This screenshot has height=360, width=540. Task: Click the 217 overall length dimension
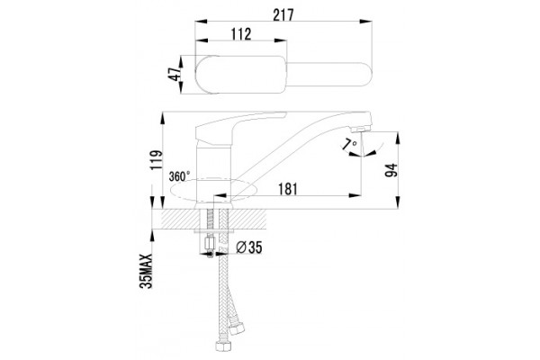pyautogui.click(x=283, y=14)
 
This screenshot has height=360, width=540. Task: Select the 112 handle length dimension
pyautogui.click(x=240, y=34)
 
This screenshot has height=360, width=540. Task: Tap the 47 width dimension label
pyautogui.click(x=175, y=74)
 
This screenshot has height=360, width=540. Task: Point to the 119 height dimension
pyautogui.click(x=156, y=159)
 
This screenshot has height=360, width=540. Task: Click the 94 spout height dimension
pyautogui.click(x=391, y=170)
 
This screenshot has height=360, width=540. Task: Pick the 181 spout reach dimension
pyautogui.click(x=287, y=189)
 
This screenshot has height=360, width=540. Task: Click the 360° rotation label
pyautogui.click(x=179, y=176)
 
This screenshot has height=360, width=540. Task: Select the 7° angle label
pyautogui.click(x=351, y=142)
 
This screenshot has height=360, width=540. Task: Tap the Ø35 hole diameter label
pyautogui.click(x=249, y=247)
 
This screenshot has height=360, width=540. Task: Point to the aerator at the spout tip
pyautogui.click(x=359, y=130)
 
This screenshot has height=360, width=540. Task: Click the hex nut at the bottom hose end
pyautogui.click(x=220, y=346)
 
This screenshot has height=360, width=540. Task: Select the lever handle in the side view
pyautogui.click(x=241, y=127)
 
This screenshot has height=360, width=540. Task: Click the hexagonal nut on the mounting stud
pyautogui.click(x=209, y=243)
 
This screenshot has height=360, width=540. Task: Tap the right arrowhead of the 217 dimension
pyautogui.click(x=365, y=22)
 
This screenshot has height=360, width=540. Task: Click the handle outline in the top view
pyautogui.click(x=241, y=75)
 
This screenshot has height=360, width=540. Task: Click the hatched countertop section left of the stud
pyautogui.click(x=179, y=220)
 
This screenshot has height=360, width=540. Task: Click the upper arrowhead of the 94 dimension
pyautogui.click(x=398, y=138)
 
